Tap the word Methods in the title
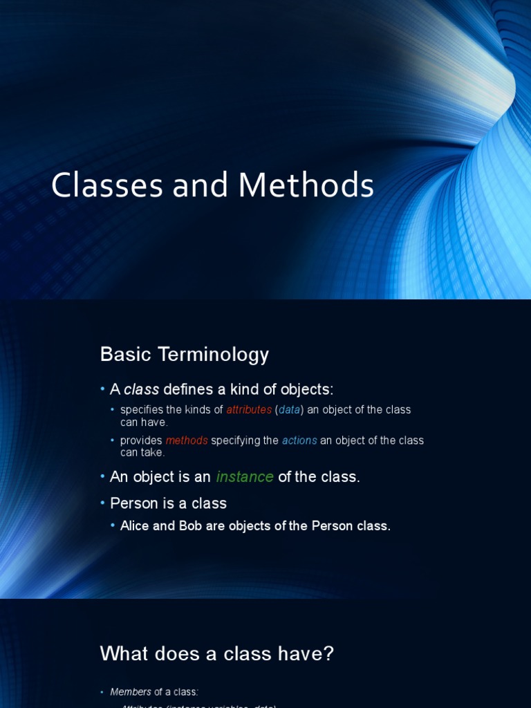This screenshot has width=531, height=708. tap(306, 186)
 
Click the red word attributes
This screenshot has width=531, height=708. tap(249, 410)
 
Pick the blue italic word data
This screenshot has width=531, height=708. tap(290, 410)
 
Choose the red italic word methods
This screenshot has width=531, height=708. tap(187, 440)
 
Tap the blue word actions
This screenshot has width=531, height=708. tap(299, 440)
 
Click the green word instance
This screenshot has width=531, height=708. tap(245, 477)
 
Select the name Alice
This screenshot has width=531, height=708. tap(135, 526)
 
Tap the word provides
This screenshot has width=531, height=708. tap(141, 440)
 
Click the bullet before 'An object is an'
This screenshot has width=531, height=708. tap(102, 477)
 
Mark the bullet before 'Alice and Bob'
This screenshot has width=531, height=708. tap(113, 526)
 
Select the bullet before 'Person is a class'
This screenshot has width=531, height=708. tap(102, 503)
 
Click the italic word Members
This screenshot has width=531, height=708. tap(131, 691)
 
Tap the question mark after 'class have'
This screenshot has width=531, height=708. tap(328, 653)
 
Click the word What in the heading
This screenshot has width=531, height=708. tap(123, 653)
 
